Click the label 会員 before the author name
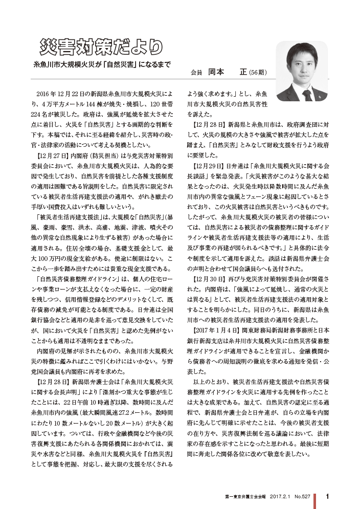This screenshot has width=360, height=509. pyautogui.click(x=196, y=73)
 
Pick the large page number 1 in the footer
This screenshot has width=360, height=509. pyautogui.click(x=327, y=496)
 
